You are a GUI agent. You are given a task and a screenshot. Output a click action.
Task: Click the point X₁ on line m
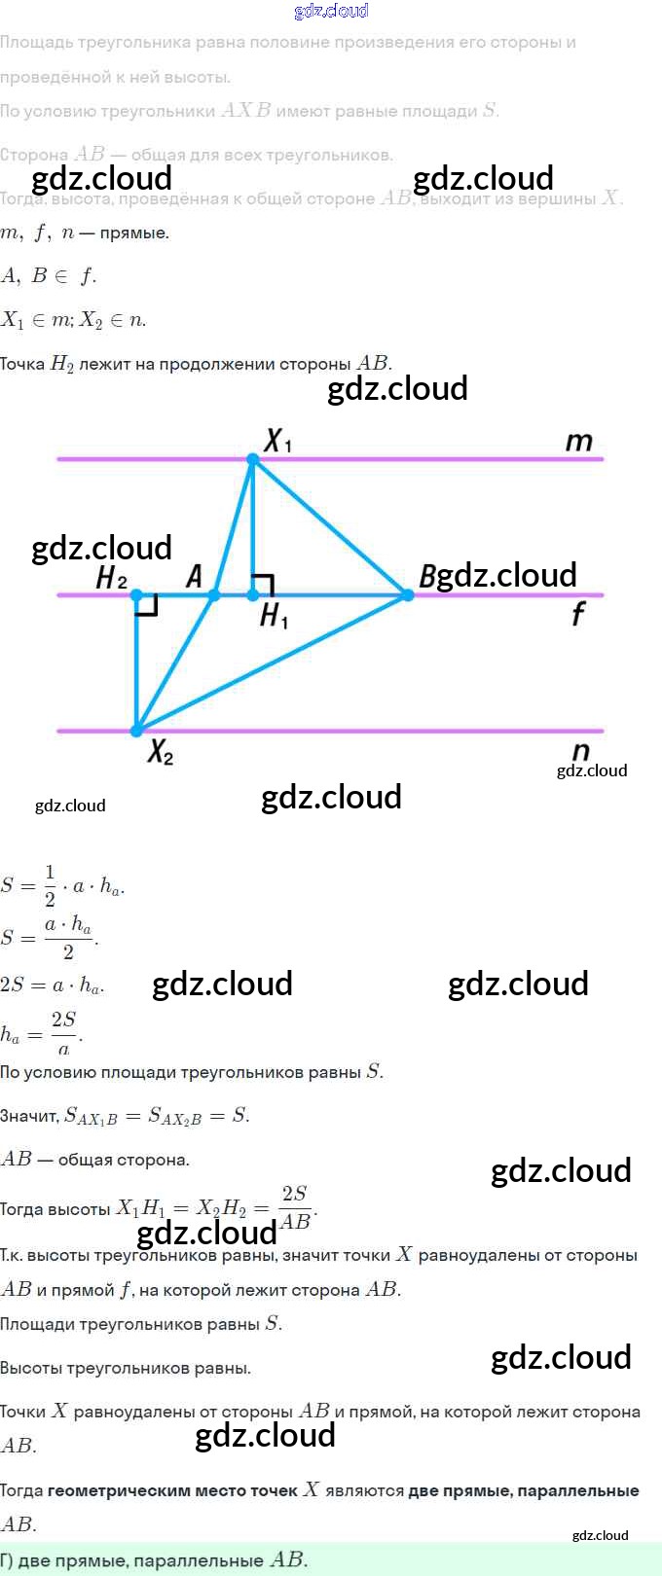[252, 459]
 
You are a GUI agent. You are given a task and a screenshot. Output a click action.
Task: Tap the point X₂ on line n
[136, 730]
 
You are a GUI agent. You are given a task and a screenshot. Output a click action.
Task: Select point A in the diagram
[214, 594]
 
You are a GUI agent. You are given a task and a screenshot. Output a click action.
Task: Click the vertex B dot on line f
[407, 594]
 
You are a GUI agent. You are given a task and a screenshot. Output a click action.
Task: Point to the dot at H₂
[136, 594]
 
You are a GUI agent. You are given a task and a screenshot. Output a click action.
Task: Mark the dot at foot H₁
[252, 594]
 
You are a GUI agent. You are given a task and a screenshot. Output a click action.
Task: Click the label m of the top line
[578, 441]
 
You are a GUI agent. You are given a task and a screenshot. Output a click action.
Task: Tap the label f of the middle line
[578, 613]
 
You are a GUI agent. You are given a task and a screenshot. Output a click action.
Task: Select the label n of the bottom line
[581, 751]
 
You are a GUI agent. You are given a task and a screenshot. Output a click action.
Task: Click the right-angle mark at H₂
[147, 605]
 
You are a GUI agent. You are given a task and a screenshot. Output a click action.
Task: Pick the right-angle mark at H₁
[263, 585]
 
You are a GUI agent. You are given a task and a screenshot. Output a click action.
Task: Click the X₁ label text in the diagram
[277, 441]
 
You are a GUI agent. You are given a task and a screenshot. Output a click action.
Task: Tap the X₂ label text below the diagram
[160, 752]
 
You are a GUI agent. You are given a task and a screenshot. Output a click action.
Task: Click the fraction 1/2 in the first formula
[51, 885]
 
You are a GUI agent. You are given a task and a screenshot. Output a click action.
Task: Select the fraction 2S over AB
[295, 1207]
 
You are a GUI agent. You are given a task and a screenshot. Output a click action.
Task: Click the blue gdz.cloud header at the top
[331, 11]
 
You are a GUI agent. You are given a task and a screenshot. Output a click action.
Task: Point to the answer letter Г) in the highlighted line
[7, 1560]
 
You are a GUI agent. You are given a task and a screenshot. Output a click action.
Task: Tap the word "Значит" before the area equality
[29, 1117]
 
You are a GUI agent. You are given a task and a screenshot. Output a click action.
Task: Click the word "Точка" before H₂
[22, 364]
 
